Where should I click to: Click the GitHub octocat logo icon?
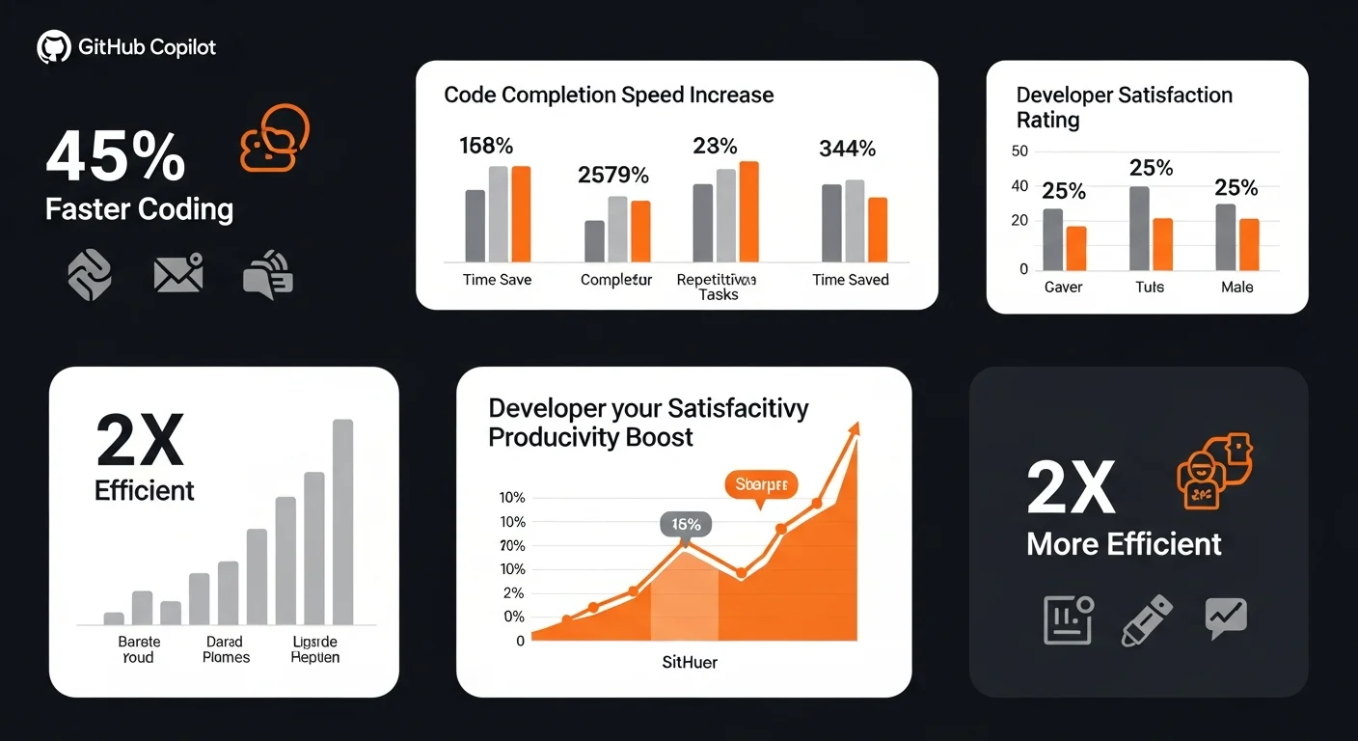coord(54,47)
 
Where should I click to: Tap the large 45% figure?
coord(116,156)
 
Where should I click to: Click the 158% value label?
coord(486,147)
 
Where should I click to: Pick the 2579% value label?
coord(613,176)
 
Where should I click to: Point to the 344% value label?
coord(847,150)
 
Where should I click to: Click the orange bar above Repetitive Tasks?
coord(748,211)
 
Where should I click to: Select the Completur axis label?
coord(616,280)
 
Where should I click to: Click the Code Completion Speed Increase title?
coord(609,96)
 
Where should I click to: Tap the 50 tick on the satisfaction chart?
coord(1019,151)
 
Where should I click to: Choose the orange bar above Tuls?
coord(1162,244)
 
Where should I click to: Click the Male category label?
coord(1236,288)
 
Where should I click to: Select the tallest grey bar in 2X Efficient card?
coord(342,521)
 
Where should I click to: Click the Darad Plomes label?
coord(227,649)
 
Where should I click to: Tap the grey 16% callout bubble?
coord(686,525)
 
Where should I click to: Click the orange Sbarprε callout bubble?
coord(760,484)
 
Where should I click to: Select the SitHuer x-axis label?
coord(690,663)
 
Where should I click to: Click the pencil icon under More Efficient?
coord(1147,620)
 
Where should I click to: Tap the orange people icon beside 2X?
coord(1214,471)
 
